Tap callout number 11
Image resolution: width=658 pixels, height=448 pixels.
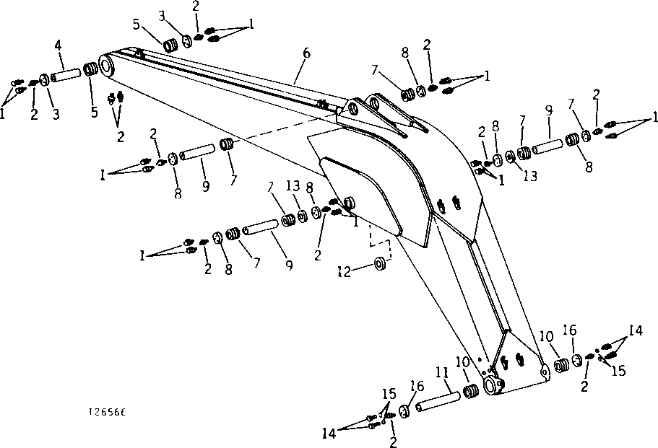tap(441, 373)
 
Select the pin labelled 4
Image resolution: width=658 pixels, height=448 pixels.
tap(64, 75)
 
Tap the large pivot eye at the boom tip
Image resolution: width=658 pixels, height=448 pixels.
tap(107, 66)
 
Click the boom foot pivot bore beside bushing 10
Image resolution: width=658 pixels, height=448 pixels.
tap(490, 385)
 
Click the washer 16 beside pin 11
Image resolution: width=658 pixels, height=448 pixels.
tap(403, 410)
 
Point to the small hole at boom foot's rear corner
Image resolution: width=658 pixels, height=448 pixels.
tap(543, 373)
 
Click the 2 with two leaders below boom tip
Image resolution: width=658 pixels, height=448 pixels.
tap(121, 136)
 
